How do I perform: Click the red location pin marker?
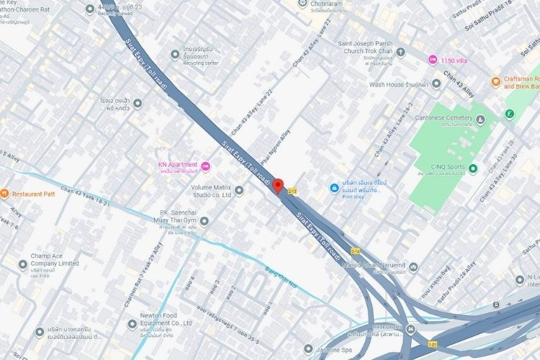(278, 185)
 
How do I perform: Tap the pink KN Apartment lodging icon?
(206, 167)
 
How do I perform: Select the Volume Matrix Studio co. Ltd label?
(200, 190)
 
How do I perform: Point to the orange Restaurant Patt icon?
(4, 193)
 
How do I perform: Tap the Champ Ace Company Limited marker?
(21, 264)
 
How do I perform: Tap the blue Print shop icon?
(334, 188)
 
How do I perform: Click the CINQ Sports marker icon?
(472, 169)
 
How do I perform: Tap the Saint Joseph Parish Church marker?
(400, 53)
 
